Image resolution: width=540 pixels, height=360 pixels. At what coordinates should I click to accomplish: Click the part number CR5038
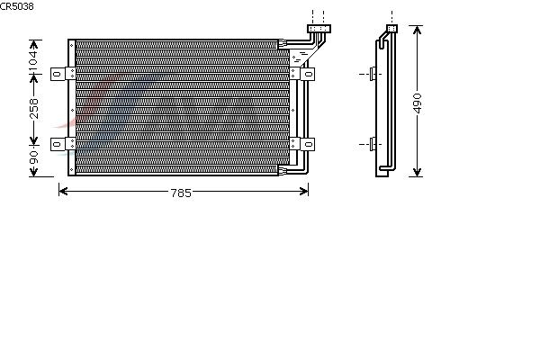click(x=17, y=6)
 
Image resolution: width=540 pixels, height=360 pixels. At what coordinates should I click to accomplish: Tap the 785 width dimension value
click(x=181, y=193)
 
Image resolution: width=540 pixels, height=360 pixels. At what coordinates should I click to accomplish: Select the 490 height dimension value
click(x=417, y=103)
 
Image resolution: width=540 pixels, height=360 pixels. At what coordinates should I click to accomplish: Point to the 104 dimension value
click(x=33, y=61)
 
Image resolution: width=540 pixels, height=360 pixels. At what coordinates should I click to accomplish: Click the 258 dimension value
click(x=34, y=109)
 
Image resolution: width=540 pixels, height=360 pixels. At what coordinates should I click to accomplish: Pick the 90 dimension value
click(x=33, y=157)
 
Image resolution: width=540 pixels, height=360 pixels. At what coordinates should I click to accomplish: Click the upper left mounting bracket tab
click(x=58, y=74)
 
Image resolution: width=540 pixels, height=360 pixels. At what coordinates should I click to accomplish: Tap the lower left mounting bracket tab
click(x=58, y=144)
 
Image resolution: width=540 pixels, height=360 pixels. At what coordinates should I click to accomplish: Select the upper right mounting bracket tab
click(x=308, y=74)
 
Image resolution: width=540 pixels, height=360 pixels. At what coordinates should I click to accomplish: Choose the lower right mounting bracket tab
click(x=308, y=144)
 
